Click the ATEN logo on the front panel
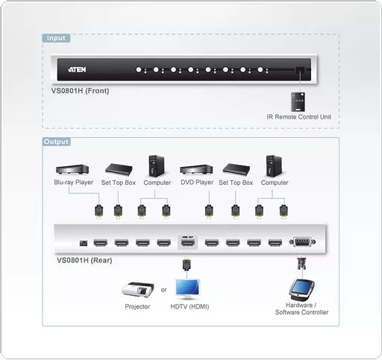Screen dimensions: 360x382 click(79, 70)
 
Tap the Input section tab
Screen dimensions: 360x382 click(56, 38)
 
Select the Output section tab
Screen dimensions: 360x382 click(57, 142)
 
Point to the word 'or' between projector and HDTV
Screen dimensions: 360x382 click(164, 290)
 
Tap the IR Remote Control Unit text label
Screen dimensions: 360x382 click(298, 117)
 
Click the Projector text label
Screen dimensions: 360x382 click(137, 306)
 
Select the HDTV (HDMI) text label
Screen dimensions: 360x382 click(189, 306)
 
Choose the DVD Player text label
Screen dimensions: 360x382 click(197, 182)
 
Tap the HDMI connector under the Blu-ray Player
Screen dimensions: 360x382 click(96, 210)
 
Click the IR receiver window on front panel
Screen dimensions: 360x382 click(299, 70)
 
